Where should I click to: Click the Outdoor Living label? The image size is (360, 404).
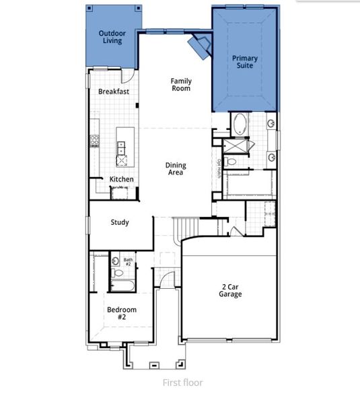click(x=112, y=37)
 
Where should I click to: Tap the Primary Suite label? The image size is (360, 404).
click(x=245, y=63)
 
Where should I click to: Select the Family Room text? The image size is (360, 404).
click(x=180, y=84)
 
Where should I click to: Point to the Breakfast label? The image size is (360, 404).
click(x=114, y=92)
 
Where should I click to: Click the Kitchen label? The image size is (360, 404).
click(x=122, y=180)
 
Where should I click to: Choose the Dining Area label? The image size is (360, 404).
click(x=176, y=169)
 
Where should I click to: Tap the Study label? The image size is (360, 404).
click(x=120, y=223)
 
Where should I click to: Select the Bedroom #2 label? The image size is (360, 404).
click(x=122, y=313)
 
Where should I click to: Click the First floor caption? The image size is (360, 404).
click(x=182, y=382)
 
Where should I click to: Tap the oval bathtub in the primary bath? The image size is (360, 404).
click(x=240, y=125)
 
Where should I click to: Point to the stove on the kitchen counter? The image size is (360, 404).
click(x=95, y=141)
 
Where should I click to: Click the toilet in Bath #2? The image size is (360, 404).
click(x=118, y=273)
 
